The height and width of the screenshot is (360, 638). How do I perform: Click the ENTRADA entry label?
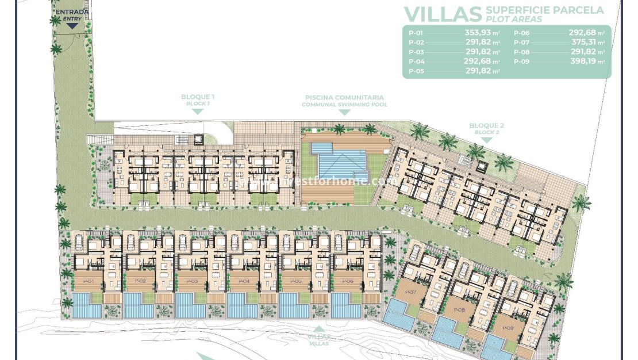tap(72, 12)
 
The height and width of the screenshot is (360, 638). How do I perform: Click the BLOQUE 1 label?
tap(197, 97)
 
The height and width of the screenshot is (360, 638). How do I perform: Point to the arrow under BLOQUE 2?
tap(486, 140)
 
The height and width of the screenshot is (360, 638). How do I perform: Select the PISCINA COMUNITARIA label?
tap(344, 98)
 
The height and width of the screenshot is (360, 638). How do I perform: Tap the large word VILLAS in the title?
tap(442, 14)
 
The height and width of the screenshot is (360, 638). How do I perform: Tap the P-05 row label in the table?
tap(416, 71)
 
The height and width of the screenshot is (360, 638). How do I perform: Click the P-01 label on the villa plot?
tap(89, 281)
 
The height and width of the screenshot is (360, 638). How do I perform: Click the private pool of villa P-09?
tap(497, 347)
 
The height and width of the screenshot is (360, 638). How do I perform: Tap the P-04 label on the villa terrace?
tap(244, 281)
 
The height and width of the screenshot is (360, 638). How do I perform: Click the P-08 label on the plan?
tap(459, 311)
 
